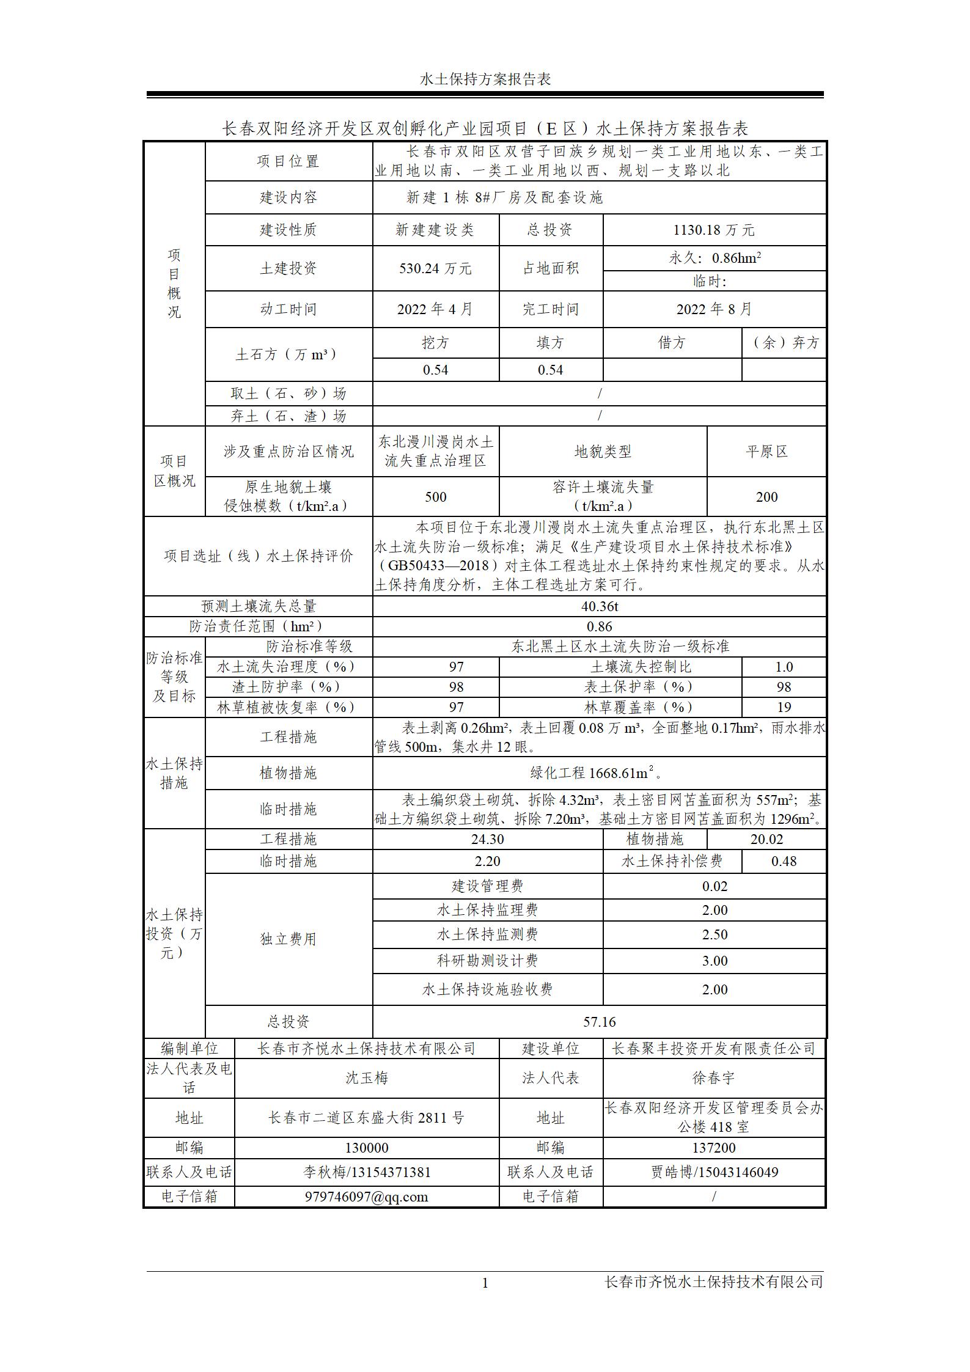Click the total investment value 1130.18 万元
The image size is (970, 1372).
714,230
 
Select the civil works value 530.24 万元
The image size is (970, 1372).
435,268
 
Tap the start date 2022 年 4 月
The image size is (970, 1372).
435,309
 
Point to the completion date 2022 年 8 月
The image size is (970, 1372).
714,309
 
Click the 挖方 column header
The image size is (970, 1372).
435,343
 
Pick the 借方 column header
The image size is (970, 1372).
672,343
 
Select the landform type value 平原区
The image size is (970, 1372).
766,452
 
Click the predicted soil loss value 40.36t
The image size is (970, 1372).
599,606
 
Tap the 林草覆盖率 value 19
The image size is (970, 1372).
784,707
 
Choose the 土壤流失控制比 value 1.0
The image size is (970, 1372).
784,667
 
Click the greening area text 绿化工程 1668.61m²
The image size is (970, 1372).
597,773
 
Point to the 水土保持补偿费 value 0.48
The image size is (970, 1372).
784,861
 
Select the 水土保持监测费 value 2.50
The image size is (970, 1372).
714,934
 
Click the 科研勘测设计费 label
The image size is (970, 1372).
487,961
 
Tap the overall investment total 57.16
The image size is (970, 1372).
599,1022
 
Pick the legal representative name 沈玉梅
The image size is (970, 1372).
367,1077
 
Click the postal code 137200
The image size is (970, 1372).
714,1148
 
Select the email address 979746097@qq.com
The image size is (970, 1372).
367,1197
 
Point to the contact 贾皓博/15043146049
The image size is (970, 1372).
714,1172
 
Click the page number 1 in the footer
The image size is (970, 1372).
485,1283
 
